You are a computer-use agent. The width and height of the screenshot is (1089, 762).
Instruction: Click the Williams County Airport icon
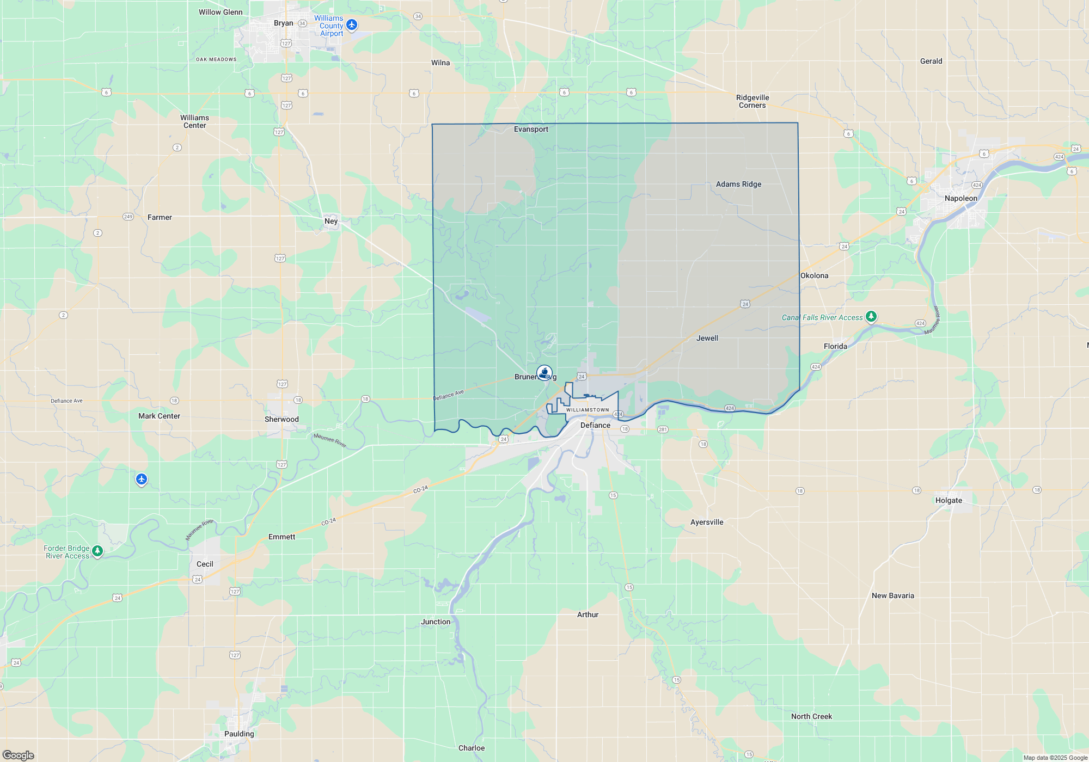point(352,24)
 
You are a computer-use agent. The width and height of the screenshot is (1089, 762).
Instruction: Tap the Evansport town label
point(531,129)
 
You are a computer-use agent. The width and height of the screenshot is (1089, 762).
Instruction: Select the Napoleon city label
point(961,198)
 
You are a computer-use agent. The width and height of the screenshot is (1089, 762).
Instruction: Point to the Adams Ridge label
point(738,184)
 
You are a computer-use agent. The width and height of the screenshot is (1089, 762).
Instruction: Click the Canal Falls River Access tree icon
point(871,316)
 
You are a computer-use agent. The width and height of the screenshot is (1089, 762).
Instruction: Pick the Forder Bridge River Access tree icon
point(97,551)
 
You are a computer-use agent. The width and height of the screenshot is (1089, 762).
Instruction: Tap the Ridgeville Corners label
point(752,101)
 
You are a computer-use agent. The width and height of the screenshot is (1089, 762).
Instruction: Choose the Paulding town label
point(239,734)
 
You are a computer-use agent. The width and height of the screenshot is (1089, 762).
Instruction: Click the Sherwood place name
point(282,419)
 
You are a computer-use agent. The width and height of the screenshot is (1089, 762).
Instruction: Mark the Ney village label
point(331,221)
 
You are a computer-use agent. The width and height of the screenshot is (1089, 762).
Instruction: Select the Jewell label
point(707,338)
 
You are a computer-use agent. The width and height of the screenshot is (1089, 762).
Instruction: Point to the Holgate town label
point(949,500)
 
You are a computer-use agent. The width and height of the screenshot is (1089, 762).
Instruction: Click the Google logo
point(19,755)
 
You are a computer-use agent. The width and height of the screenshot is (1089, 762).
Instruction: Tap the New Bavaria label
point(892,595)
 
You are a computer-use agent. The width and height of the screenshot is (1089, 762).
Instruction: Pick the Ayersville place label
point(707,522)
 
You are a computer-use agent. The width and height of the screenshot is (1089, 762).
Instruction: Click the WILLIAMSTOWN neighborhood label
point(588,410)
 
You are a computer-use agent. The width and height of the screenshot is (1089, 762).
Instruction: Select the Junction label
point(436,622)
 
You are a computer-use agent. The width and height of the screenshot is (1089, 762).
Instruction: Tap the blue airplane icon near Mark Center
point(142,479)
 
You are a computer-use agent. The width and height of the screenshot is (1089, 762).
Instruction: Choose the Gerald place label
point(931,61)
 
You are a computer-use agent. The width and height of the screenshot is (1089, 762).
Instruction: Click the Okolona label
point(814,275)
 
